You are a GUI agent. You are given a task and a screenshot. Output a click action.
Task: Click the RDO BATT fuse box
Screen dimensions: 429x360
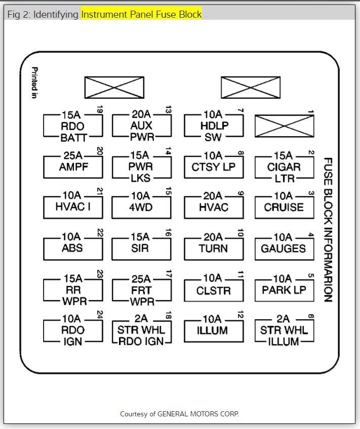[73, 126]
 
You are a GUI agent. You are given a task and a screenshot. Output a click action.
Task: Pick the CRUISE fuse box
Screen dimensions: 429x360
[284, 207]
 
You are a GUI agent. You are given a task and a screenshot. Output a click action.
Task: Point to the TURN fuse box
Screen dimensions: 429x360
[213, 248]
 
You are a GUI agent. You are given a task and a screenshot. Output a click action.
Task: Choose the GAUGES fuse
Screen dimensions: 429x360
[284, 248]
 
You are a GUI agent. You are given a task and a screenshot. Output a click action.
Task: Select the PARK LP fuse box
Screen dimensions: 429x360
[284, 290]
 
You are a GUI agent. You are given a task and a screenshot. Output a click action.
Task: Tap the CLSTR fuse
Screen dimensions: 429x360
[213, 291]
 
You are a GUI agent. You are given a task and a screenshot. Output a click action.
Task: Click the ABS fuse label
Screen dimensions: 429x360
[72, 248]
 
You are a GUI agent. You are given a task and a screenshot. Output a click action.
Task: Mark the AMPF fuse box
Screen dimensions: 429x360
[72, 167]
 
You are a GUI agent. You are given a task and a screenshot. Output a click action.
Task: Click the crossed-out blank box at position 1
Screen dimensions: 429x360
[284, 126]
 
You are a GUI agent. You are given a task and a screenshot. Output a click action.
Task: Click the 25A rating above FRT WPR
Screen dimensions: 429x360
[140, 279]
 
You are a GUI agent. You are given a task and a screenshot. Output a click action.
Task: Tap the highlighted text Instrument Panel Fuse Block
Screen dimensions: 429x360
[141, 14]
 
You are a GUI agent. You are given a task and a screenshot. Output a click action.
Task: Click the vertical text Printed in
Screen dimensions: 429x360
[35, 82]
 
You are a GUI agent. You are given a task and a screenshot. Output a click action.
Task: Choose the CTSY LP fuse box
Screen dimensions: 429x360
[213, 167]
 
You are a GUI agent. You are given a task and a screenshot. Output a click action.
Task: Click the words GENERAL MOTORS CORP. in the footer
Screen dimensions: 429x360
[198, 414]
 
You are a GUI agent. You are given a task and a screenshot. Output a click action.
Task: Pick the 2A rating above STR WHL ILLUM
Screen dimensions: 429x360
[283, 319]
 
